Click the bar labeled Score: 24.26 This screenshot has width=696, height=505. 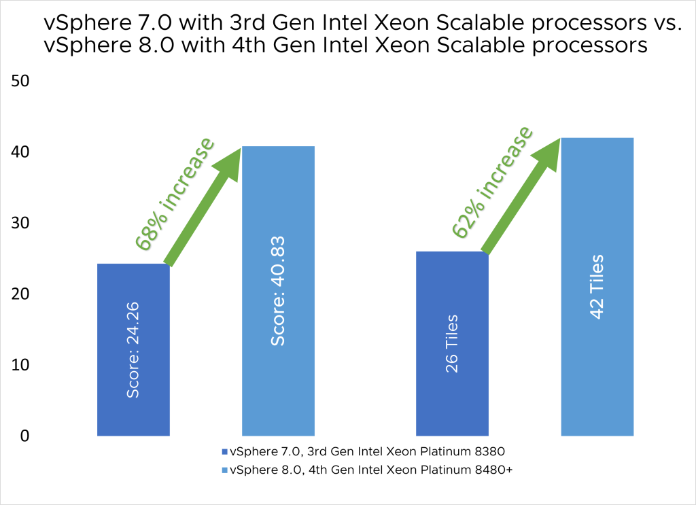pos(133,349)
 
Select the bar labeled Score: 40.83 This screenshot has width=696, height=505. pos(279,291)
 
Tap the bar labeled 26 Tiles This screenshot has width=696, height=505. pos(452,343)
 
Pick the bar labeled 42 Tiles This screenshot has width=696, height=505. pos(597,286)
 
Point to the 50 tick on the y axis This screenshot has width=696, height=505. pos(20,81)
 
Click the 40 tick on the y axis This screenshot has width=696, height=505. pos(20,152)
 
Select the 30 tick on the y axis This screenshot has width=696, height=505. pos(20,223)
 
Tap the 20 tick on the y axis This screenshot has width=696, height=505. pos(20,294)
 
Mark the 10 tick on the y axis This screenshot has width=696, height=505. pos(20,365)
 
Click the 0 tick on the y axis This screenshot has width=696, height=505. pos(24,436)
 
